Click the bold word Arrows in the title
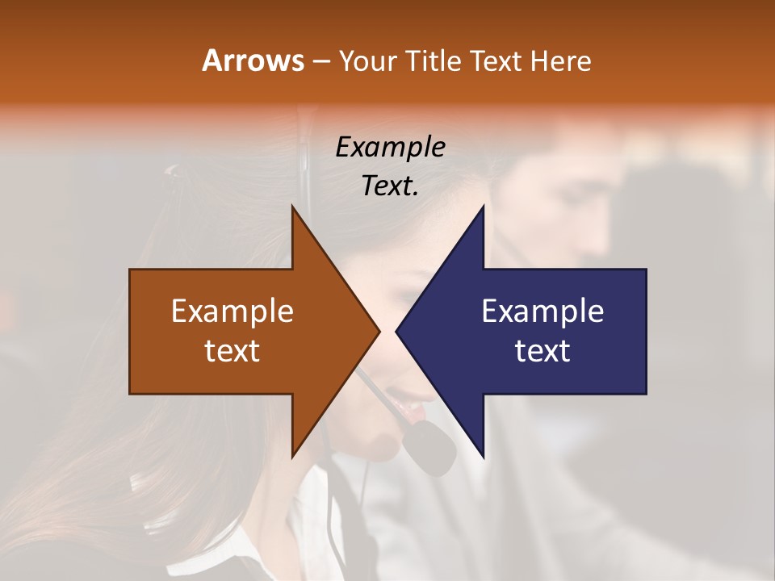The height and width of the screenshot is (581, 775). click(x=253, y=61)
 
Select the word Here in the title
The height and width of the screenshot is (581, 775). click(x=560, y=61)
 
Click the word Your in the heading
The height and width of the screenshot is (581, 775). click(x=366, y=61)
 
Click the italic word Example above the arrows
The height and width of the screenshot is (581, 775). click(x=390, y=147)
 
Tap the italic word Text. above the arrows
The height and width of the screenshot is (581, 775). click(x=390, y=186)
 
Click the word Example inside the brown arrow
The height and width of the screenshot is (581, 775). click(x=232, y=311)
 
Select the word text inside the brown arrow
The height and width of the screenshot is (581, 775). click(x=232, y=351)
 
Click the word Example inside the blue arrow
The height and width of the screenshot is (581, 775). click(x=542, y=311)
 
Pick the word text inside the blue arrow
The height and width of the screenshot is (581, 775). click(x=542, y=351)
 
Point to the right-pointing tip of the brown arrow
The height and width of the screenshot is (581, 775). click(x=379, y=332)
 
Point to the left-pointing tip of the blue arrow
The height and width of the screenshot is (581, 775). click(x=396, y=332)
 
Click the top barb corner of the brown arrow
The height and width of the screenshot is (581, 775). click(x=292, y=206)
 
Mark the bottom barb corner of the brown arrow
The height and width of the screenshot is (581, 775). click(x=292, y=458)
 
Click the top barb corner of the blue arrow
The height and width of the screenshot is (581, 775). click(x=484, y=206)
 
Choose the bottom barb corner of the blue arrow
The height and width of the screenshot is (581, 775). click(x=484, y=458)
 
